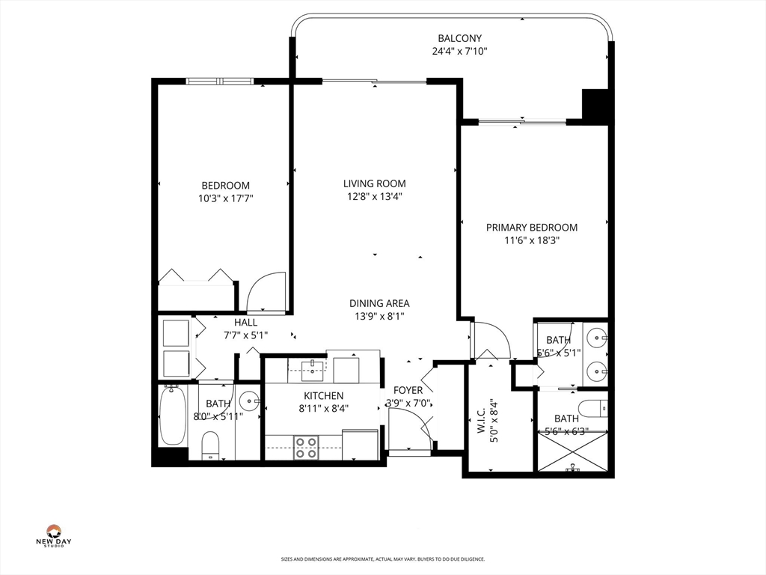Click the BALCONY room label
[x=459, y=38]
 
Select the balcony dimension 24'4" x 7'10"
[x=459, y=52]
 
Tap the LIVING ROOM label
[x=374, y=183]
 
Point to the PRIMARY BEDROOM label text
[x=531, y=228]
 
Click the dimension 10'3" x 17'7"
[x=225, y=199]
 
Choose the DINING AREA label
[x=379, y=303]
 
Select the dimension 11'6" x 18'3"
[x=531, y=241]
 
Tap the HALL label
[x=245, y=323]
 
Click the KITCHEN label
[x=323, y=395]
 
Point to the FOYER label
[x=408, y=390]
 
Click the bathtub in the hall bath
[x=172, y=416]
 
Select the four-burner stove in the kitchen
[x=305, y=447]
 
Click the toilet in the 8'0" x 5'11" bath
[x=210, y=445]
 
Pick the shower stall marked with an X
[x=572, y=451]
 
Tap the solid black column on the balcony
[x=596, y=106]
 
